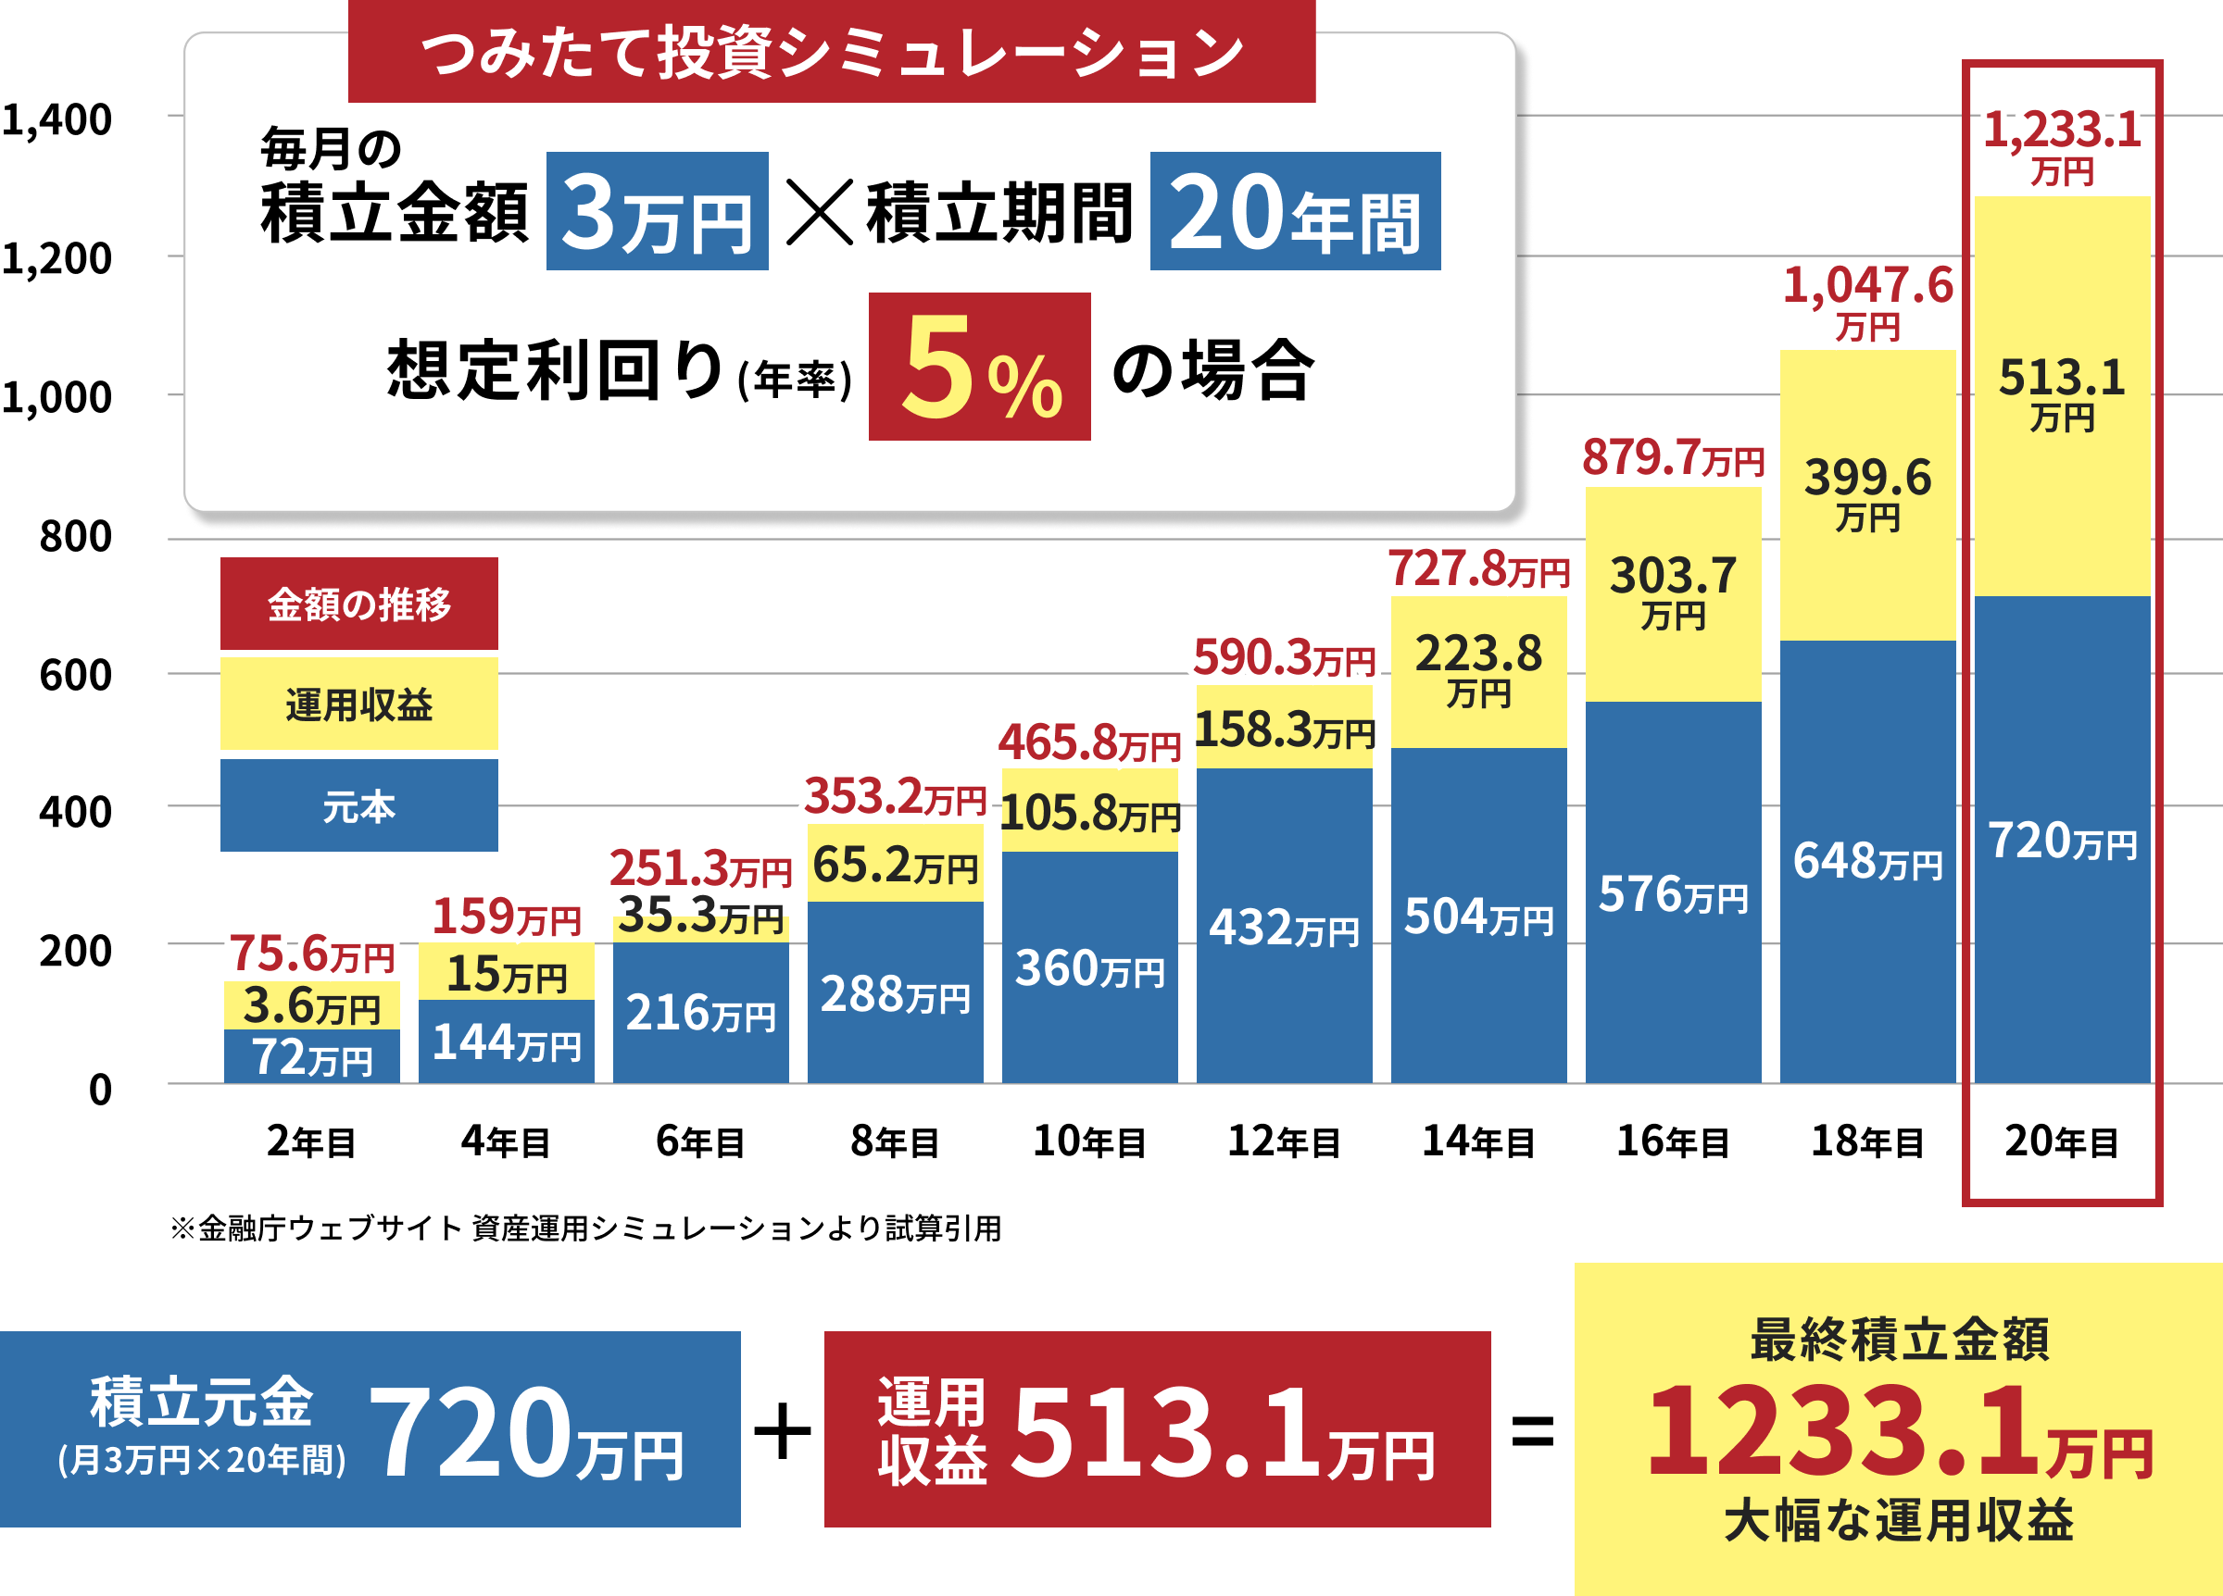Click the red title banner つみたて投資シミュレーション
coord(831,53)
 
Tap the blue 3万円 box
coord(657,212)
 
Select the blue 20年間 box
coord(1294,212)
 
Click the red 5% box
coord(978,367)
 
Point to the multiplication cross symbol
coord(820,212)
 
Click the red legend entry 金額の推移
coord(358,604)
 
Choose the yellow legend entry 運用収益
coord(358,704)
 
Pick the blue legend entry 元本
coord(358,806)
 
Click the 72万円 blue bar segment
coord(312,1058)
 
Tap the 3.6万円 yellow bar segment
coord(312,1006)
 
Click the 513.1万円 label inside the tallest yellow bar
coord(2062,392)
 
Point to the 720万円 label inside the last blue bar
coord(2062,842)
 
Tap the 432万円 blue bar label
coord(1284,927)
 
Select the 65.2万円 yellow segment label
coord(895,865)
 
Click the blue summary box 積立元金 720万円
coord(370,1428)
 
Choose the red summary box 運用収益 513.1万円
coord(1157,1428)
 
